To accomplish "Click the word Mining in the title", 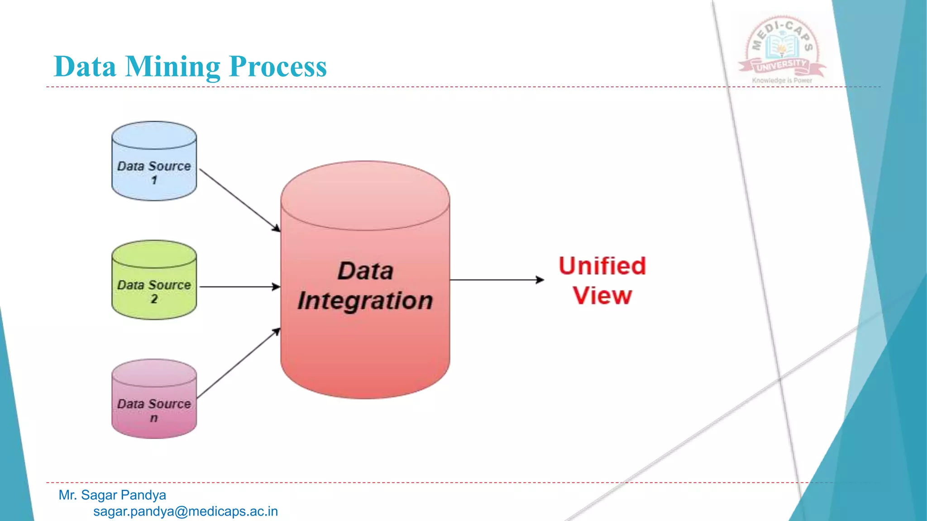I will [172, 67].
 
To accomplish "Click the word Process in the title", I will [277, 67].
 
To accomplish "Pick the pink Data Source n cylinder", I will [154, 398].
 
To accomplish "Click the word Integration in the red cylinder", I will [365, 301].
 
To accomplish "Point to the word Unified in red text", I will [602, 266].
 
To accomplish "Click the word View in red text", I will [602, 296].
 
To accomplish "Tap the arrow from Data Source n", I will [238, 364].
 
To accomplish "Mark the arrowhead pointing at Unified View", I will [540, 280].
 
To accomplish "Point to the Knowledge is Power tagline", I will [782, 81].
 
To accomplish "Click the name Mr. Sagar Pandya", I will [112, 495].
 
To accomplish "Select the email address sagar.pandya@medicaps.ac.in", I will [186, 512].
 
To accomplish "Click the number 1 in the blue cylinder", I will [154, 180].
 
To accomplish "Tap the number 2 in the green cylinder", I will [154, 299].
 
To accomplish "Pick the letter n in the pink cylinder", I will [154, 418].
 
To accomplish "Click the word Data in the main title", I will [85, 67].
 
